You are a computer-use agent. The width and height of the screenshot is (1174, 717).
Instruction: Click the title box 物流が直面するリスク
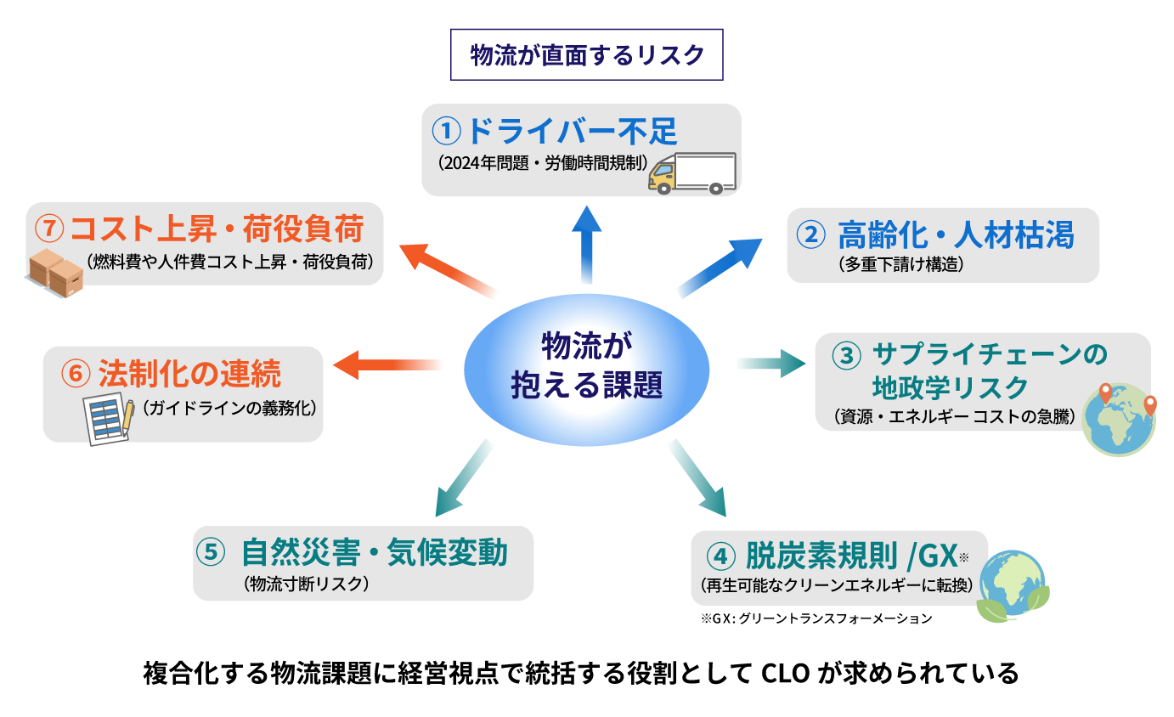click(586, 55)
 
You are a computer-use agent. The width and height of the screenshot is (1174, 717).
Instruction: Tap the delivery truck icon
click(691, 173)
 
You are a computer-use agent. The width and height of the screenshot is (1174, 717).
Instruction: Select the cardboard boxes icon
click(56, 272)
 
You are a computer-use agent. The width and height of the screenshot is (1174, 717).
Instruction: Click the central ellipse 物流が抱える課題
click(586, 370)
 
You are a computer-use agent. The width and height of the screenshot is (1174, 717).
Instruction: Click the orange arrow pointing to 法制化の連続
click(387, 365)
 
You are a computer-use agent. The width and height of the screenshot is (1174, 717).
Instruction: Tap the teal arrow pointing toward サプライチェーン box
click(769, 364)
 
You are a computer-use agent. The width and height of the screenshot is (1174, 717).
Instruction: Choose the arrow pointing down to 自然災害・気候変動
click(464, 479)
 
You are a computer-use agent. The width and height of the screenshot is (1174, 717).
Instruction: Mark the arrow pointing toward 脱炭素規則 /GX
click(697, 478)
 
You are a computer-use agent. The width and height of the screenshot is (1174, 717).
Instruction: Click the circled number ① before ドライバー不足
click(446, 131)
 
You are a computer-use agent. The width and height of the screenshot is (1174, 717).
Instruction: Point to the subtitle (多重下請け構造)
click(900, 264)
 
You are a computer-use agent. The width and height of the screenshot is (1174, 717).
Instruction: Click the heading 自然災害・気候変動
click(374, 553)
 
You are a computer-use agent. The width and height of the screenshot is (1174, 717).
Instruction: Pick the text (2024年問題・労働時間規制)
click(544, 163)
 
